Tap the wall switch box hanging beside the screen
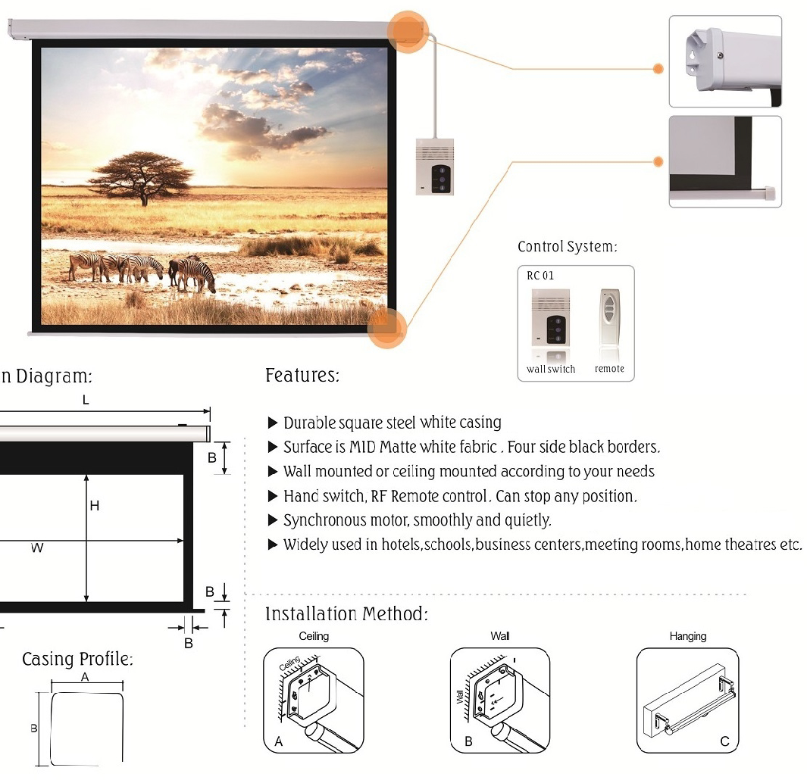(435, 167)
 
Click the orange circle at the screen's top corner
(408, 32)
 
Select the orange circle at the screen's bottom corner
(387, 328)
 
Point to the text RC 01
(540, 276)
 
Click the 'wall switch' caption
(551, 369)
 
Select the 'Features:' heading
(302, 375)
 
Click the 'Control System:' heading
(567, 246)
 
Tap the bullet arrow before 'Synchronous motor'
(273, 520)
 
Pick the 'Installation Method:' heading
(346, 614)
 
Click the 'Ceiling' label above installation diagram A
(314, 636)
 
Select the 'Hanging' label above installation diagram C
(687, 636)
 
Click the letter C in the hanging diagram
(724, 741)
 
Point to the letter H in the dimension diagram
(94, 507)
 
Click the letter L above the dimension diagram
(86, 400)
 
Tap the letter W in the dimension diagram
(37, 548)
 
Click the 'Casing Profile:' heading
(78, 659)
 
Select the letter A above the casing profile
(85, 678)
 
